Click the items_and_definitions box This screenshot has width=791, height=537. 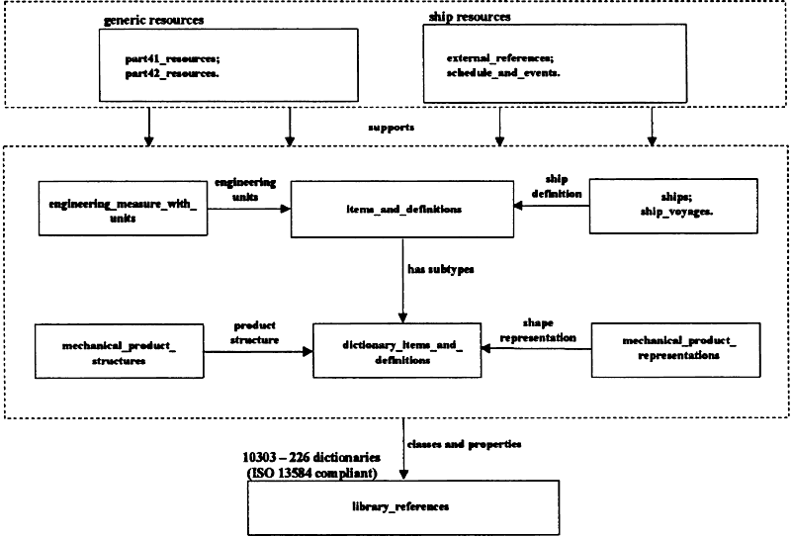tap(402, 209)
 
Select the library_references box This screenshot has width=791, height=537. tap(403, 507)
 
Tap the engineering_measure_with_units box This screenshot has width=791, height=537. tap(123, 209)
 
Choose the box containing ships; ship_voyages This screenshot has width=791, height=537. tap(673, 206)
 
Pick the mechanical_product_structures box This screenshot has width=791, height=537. tap(120, 351)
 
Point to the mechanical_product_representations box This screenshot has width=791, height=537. tap(675, 350)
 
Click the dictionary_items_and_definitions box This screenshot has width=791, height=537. tap(397, 351)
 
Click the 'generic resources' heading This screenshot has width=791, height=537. tap(154, 20)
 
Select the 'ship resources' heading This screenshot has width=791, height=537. tap(470, 17)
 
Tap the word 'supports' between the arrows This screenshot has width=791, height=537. tap(391, 128)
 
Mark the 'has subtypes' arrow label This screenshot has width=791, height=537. tap(441, 270)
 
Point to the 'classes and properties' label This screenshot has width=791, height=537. tap(464, 444)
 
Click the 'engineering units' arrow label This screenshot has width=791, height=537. tap(245, 189)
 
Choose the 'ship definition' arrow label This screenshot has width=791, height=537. tap(557, 186)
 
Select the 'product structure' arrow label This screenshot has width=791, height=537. tap(255, 332)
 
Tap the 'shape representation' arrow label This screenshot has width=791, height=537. tap(538, 330)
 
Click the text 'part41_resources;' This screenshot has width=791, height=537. tap(172, 59)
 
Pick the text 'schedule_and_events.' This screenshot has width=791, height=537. tap(503, 72)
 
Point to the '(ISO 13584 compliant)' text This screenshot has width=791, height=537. tap(311, 473)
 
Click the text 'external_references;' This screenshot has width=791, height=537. tap(500, 58)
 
